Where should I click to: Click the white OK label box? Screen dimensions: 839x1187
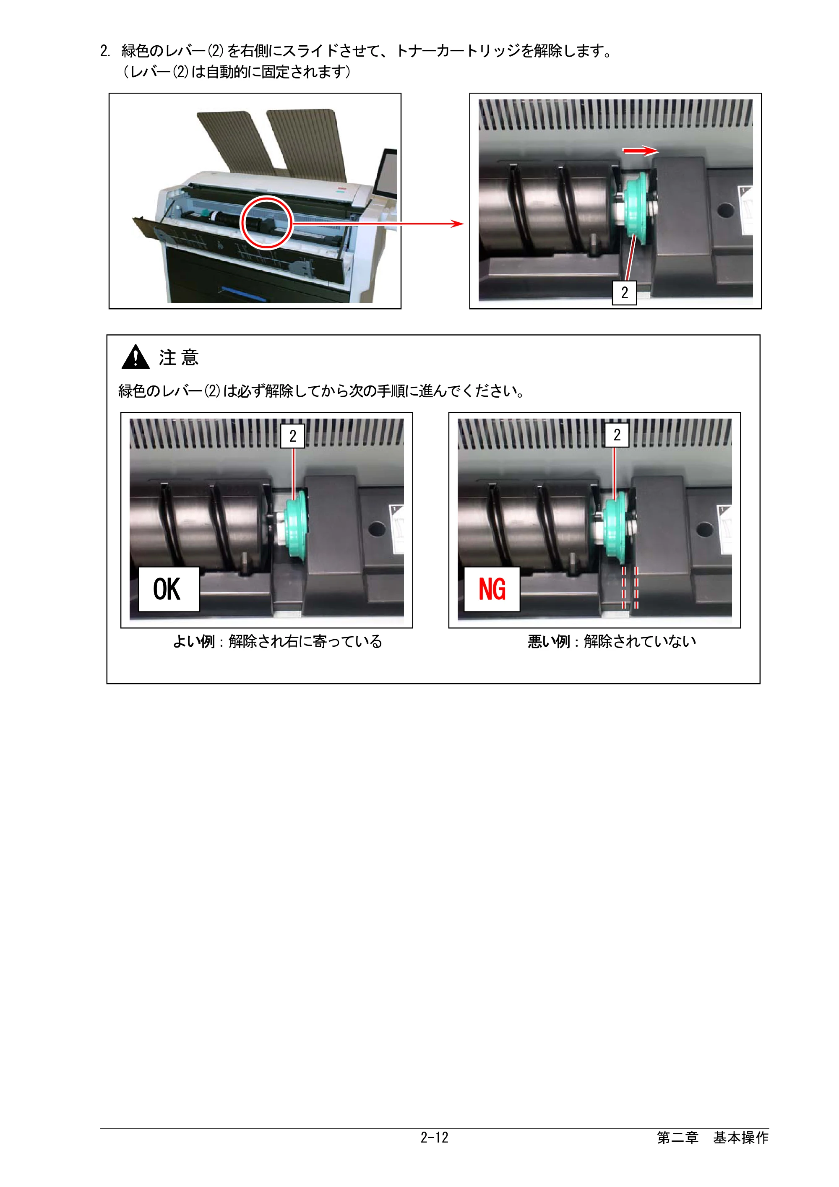point(169,589)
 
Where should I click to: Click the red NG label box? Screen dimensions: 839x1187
point(492,589)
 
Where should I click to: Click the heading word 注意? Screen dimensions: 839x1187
point(179,357)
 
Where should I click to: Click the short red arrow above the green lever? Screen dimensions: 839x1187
point(641,151)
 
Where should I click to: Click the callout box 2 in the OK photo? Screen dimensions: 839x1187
point(292,436)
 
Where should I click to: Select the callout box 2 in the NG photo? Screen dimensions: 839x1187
point(617,435)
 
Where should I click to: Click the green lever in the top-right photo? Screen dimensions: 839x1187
point(637,209)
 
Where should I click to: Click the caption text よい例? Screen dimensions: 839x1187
point(194,642)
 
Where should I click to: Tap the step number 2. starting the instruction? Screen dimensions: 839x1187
point(105,51)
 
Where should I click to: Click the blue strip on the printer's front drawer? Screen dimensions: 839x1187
point(243,293)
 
